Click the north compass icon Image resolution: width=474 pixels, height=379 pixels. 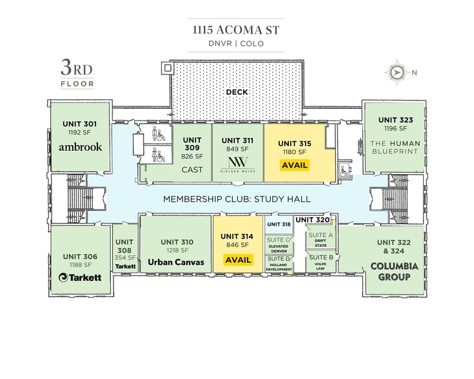(x=397, y=73)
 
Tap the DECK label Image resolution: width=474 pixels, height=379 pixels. (x=237, y=92)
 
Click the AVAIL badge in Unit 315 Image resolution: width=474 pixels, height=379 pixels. (x=295, y=165)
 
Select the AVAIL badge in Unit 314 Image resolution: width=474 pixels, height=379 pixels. (x=238, y=260)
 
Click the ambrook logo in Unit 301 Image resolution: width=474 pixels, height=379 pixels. (x=81, y=147)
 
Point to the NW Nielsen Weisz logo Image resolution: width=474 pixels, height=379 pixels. (x=237, y=165)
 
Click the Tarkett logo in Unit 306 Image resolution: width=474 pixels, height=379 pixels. (x=80, y=277)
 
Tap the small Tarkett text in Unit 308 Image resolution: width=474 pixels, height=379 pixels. (x=126, y=267)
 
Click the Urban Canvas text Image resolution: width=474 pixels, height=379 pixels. (x=176, y=262)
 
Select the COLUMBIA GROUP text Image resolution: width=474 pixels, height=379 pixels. (x=394, y=271)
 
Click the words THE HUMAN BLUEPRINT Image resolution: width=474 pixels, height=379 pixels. (x=395, y=147)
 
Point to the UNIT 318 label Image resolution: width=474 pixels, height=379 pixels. (x=279, y=224)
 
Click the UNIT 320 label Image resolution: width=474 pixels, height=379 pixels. (x=313, y=220)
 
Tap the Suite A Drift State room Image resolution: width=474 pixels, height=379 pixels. (x=321, y=240)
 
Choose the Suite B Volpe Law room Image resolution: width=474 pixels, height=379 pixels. (x=321, y=262)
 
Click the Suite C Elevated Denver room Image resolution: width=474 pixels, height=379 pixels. (x=279, y=244)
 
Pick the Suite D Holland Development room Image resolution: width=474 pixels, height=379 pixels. (x=279, y=264)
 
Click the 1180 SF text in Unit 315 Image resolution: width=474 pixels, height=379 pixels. (x=295, y=152)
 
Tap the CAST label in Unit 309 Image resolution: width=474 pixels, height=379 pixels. (x=192, y=170)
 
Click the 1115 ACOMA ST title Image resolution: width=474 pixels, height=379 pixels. (x=236, y=30)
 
